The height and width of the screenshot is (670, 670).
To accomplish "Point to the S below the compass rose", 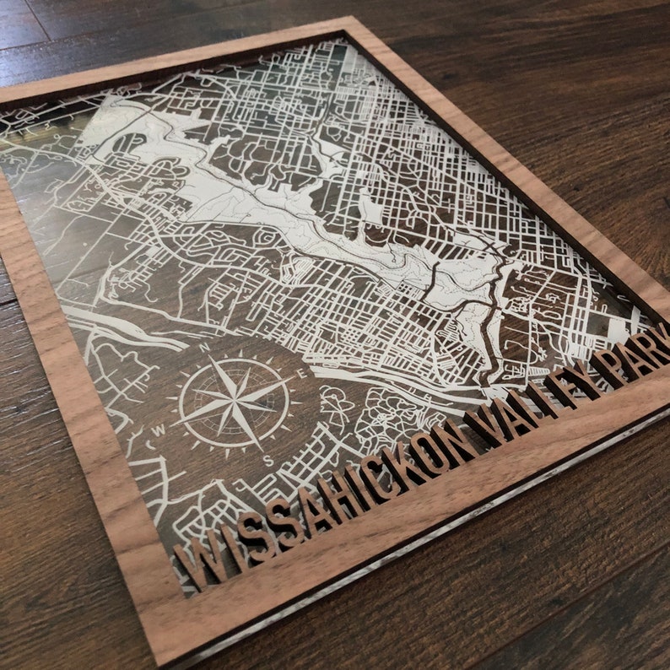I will [267, 459].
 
